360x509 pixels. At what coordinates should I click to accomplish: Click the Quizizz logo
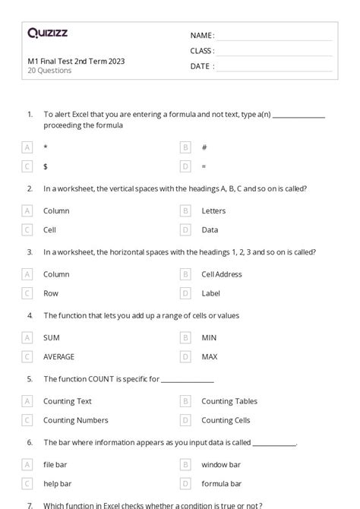point(47,33)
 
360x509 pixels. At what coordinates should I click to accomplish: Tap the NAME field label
point(201,36)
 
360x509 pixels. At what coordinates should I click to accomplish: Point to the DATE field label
point(201,66)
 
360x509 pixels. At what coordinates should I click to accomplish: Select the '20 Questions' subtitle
point(49,71)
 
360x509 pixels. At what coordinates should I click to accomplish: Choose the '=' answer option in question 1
point(204,166)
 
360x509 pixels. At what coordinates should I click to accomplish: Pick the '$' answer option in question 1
point(46,166)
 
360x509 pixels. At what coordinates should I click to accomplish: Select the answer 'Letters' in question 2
point(213,210)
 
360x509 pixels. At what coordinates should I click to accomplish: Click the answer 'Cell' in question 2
point(49,229)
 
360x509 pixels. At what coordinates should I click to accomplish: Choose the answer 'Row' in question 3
point(51,292)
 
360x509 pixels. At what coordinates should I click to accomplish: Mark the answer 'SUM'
point(51,337)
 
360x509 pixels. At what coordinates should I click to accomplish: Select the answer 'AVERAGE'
point(59,356)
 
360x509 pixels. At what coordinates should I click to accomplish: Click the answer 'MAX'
point(209,356)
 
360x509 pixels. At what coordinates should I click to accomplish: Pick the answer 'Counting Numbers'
point(75,420)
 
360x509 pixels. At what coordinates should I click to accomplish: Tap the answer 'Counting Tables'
point(229,401)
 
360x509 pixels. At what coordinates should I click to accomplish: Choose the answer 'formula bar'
point(221,483)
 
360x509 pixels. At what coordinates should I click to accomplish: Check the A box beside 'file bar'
point(27,464)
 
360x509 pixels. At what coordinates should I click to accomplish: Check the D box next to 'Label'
point(185,292)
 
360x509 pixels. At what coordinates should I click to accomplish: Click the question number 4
point(30,315)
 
